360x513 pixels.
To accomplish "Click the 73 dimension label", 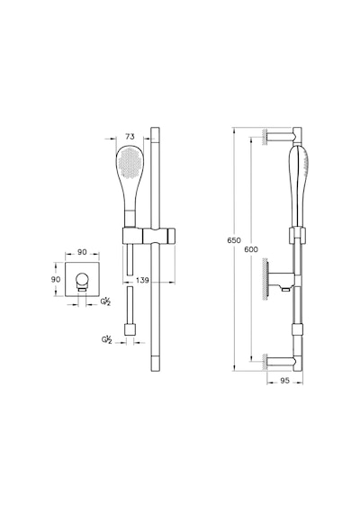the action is (130, 137).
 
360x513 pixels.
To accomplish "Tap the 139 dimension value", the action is (142, 281).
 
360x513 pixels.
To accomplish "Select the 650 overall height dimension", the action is (234, 240).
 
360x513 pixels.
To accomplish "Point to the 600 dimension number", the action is (251, 249).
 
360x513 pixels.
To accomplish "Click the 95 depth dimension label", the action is (285, 381).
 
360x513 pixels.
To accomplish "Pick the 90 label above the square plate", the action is (82, 252).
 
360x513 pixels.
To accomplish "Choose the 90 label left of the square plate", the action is (56, 279).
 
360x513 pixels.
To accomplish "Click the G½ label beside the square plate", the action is (105, 301).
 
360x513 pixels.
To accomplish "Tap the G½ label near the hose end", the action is (107, 339).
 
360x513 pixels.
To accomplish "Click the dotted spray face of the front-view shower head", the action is (130, 162).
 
